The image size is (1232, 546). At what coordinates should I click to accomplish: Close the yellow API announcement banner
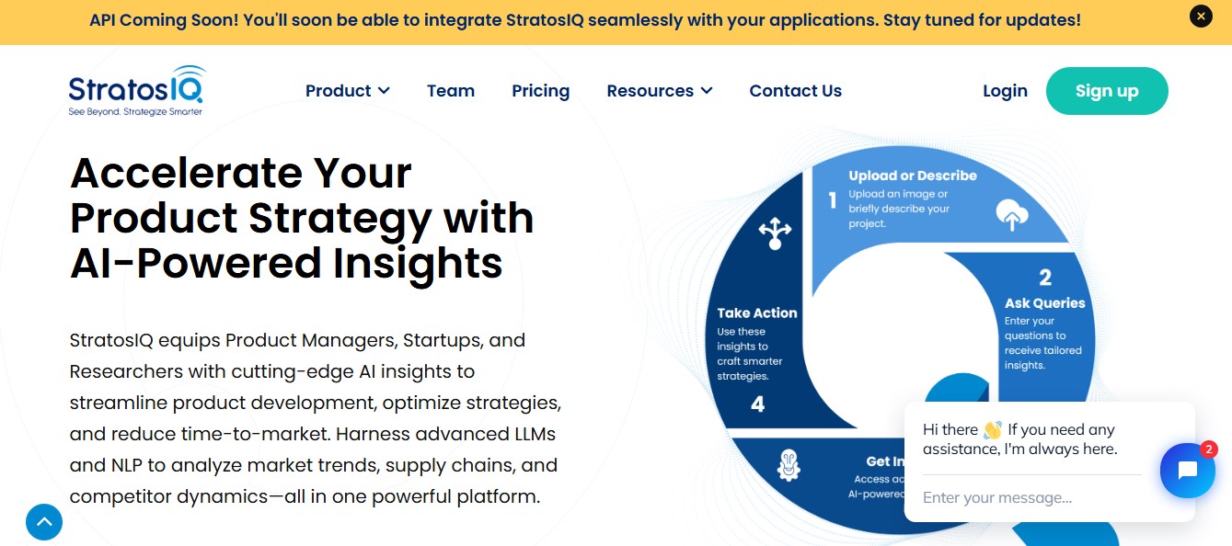(1201, 17)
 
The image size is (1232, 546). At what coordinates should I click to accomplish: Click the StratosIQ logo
(136, 91)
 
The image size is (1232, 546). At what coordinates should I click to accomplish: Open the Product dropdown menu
(348, 91)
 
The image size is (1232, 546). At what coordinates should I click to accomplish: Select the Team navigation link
(451, 91)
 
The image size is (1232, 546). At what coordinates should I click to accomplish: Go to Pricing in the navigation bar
(541, 91)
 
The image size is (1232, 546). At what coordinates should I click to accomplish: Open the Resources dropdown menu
(660, 91)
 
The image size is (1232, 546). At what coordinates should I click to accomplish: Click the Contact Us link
(795, 91)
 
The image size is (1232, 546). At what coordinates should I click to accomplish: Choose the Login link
(1005, 91)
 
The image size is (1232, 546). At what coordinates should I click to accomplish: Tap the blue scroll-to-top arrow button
(44, 522)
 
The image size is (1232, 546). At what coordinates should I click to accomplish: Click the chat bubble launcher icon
(1188, 471)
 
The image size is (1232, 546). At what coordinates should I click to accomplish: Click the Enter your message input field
(1031, 497)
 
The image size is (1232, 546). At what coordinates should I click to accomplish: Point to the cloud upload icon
(1011, 215)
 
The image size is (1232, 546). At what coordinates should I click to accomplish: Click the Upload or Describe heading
(913, 176)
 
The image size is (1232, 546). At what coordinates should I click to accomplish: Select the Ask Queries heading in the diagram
(1045, 303)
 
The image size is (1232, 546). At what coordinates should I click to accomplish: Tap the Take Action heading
(757, 313)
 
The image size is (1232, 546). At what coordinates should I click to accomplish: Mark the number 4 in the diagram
(758, 404)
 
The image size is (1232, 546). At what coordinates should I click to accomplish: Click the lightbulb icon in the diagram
(789, 465)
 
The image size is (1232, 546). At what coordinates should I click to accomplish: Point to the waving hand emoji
(993, 429)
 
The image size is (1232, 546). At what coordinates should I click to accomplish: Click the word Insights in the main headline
(418, 263)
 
